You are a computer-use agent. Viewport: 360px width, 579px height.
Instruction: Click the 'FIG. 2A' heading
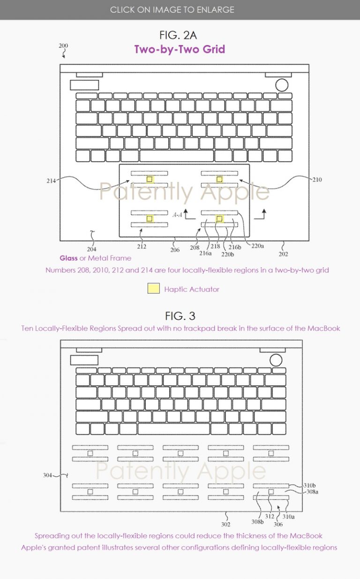(180, 35)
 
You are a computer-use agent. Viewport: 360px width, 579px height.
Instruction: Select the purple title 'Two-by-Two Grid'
(180, 49)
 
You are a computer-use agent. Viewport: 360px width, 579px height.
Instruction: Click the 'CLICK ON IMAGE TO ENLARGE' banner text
(172, 9)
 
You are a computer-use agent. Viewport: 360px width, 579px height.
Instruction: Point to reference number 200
(63, 46)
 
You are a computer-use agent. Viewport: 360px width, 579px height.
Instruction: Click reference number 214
(52, 180)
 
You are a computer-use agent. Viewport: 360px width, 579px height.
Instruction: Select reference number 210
(317, 180)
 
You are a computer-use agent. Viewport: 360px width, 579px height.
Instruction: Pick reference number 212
(142, 247)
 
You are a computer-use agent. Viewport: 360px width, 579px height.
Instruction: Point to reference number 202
(283, 254)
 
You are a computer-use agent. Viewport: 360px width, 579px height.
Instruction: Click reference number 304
(47, 475)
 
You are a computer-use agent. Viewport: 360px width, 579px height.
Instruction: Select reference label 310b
(309, 485)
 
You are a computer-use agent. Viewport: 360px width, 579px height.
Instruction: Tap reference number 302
(225, 525)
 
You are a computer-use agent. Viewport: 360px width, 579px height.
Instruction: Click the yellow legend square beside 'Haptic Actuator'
(153, 289)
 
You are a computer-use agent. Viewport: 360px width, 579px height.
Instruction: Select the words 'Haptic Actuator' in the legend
(191, 289)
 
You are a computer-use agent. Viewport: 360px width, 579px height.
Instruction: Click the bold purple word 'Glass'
(68, 258)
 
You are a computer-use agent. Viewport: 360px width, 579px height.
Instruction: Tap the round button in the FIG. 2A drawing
(282, 85)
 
